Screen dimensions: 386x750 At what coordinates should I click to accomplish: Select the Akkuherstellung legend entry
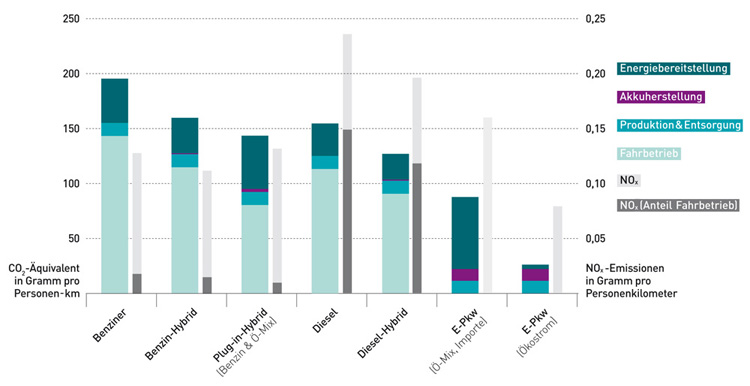point(662,97)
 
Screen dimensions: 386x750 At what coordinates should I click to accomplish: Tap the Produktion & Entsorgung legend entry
point(679,125)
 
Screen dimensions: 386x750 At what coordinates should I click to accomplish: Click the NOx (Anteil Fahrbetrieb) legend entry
point(679,206)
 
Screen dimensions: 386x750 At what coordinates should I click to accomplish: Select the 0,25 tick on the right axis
point(596,20)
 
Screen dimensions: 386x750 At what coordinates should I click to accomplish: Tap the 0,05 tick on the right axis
point(596,239)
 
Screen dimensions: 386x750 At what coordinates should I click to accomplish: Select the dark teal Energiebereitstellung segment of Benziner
point(115,100)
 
